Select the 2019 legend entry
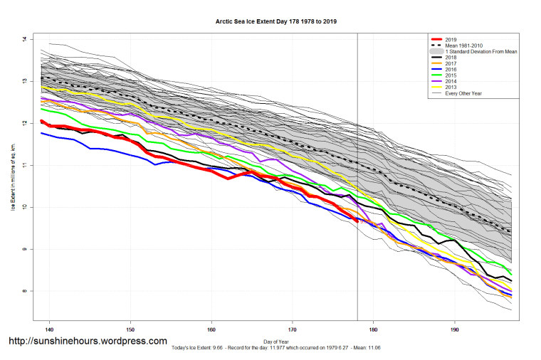click(450, 39)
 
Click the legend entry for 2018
click(450, 58)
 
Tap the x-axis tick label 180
click(373, 329)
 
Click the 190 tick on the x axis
click(454, 329)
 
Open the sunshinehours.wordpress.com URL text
click(88, 342)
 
